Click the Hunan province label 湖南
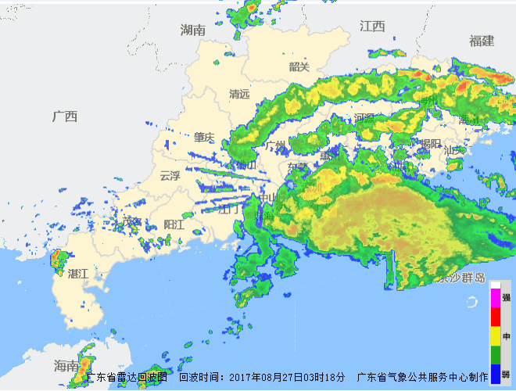coord(192,30)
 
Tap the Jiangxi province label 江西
coord(373,26)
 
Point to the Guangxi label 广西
coord(65,117)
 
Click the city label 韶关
coord(299,66)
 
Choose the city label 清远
coord(239,94)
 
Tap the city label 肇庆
coord(204,138)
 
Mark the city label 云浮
coord(170,176)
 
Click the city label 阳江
coord(174,224)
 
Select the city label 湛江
coord(78,274)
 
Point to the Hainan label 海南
coord(66,365)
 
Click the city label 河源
coord(364,118)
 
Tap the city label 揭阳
coord(430,143)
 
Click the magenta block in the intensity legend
coord(495,298)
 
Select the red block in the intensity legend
coord(495,317)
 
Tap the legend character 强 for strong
coord(507,298)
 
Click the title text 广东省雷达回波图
coord(127,377)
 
